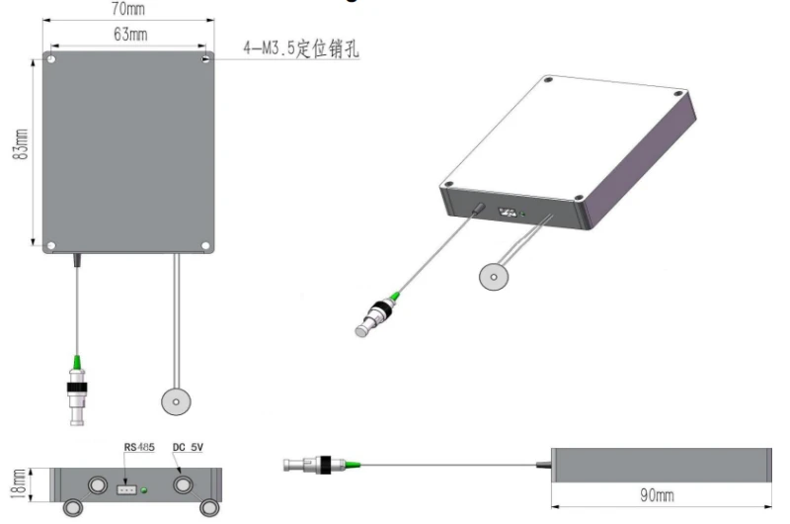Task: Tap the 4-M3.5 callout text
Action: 300,47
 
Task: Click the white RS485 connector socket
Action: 127,486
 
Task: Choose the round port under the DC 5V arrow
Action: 184,485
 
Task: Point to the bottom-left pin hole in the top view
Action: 51,244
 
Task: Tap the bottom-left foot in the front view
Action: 73,508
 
